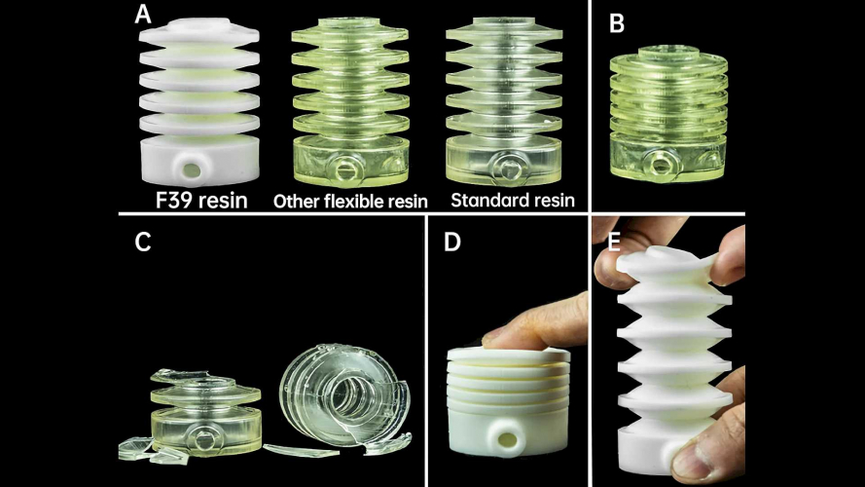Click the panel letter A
pyautogui.click(x=142, y=14)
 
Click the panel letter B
pyautogui.click(x=616, y=23)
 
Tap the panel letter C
pyautogui.click(x=143, y=242)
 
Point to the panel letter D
pyautogui.click(x=451, y=242)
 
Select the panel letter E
pyautogui.click(x=613, y=242)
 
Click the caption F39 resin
pyautogui.click(x=201, y=200)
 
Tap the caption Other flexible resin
pyautogui.click(x=350, y=201)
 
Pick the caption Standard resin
pyautogui.click(x=513, y=200)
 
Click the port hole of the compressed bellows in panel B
pyautogui.click(x=659, y=164)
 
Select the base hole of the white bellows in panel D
pyautogui.click(x=506, y=439)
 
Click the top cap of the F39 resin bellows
pyautogui.click(x=199, y=26)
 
